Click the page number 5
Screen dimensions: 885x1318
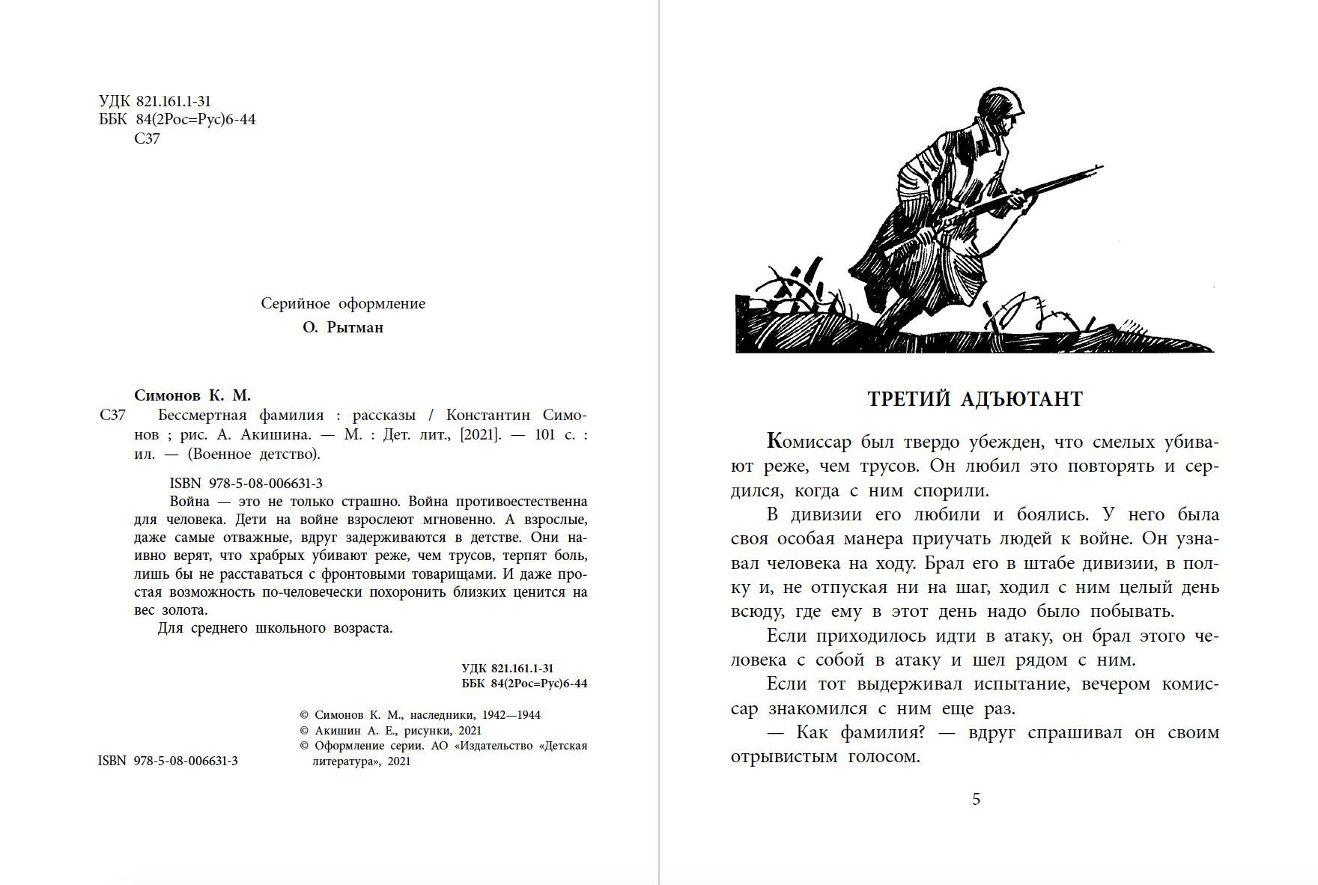pos(976,799)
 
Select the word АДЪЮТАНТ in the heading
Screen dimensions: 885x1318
pos(1021,399)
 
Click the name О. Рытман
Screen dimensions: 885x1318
pos(343,327)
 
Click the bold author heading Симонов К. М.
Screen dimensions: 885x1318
pos(192,395)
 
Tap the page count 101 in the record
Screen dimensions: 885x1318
pos(544,434)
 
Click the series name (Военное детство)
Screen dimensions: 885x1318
pos(253,454)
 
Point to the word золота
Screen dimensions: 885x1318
pos(180,609)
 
